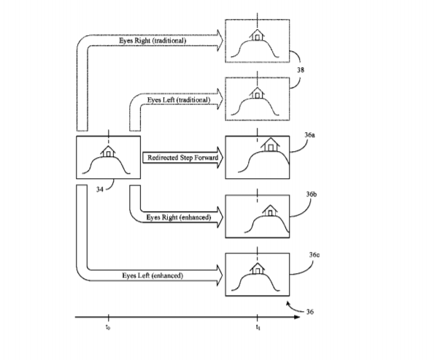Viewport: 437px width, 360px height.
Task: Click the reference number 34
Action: point(100,189)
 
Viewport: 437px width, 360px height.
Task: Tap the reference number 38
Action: point(301,70)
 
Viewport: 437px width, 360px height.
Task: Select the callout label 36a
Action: point(310,135)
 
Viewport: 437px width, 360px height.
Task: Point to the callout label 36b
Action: point(312,194)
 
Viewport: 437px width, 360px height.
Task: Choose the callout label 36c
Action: point(314,255)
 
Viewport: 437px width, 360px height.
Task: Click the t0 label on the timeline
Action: point(108,327)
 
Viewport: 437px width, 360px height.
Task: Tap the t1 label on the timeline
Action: point(258,327)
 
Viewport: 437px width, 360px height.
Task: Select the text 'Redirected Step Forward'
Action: point(183,158)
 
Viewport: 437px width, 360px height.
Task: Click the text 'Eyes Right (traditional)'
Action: point(152,40)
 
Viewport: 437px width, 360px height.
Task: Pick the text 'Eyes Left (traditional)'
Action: point(179,100)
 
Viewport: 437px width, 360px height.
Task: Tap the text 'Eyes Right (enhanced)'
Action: point(179,217)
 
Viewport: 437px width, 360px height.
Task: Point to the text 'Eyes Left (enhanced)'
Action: point(152,275)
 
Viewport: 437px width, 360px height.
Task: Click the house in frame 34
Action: point(108,152)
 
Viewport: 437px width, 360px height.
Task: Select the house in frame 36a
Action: point(270,145)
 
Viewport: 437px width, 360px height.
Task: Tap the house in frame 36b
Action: point(270,210)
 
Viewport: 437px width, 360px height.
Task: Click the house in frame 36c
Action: point(258,269)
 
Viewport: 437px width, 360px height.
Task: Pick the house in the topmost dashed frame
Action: point(257,35)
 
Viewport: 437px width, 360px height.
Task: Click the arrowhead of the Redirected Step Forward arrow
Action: point(220,158)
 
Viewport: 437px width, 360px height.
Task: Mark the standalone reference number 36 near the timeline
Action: point(310,312)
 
